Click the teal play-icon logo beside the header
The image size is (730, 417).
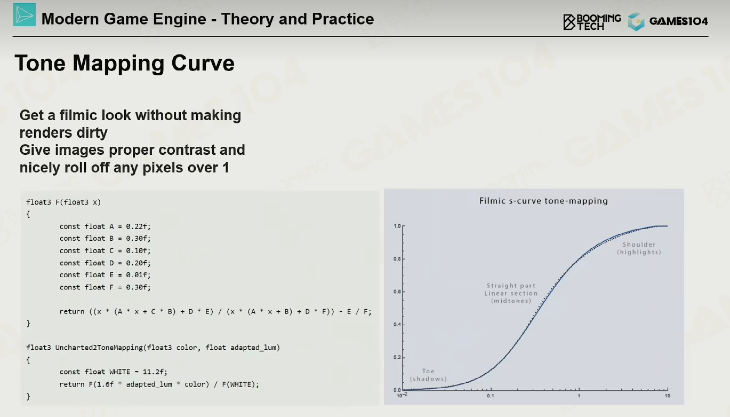click(25, 15)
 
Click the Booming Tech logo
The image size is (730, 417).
click(592, 22)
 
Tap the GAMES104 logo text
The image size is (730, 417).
click(678, 21)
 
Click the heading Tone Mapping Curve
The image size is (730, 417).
click(124, 63)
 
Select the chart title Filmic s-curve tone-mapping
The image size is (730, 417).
click(543, 201)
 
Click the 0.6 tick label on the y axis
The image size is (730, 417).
click(397, 292)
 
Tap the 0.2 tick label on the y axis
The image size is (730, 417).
click(397, 357)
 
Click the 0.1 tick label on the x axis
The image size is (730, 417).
click(491, 396)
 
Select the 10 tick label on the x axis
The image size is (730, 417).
click(668, 396)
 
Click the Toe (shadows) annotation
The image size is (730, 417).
click(428, 375)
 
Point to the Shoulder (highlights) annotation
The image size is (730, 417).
click(639, 248)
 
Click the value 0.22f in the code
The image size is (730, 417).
click(138, 226)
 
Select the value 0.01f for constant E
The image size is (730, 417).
click(138, 275)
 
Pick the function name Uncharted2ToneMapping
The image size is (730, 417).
click(99, 348)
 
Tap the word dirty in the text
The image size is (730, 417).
click(92, 133)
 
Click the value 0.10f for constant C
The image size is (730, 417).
click(138, 251)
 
